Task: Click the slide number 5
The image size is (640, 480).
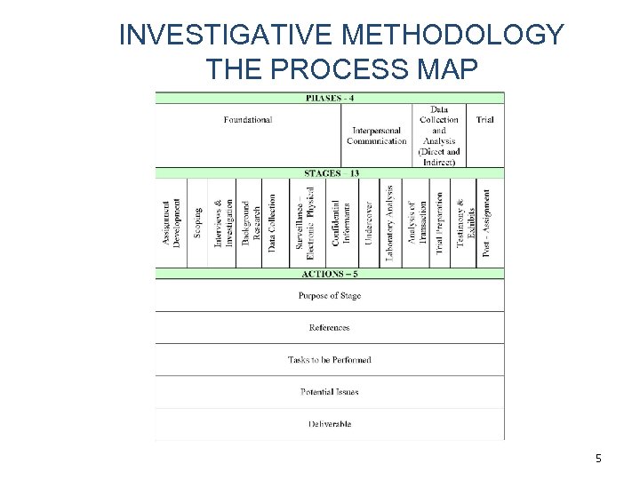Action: [x=598, y=459]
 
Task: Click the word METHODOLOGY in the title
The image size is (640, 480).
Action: [x=452, y=36]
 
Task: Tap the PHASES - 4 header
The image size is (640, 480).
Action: [x=330, y=98]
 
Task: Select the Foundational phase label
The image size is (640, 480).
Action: [x=248, y=119]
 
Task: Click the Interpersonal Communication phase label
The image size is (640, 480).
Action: [x=377, y=135]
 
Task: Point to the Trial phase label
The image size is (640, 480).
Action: [x=484, y=119]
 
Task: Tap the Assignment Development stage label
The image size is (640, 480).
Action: [x=172, y=222]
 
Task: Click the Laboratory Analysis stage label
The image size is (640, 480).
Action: [x=389, y=222]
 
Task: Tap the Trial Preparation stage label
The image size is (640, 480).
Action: [x=439, y=222]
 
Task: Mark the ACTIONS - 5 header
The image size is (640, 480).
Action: [x=330, y=274]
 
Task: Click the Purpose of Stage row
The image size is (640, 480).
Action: [x=330, y=296]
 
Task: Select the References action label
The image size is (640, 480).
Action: [x=330, y=328]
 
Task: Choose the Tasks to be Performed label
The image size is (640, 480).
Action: [x=330, y=360]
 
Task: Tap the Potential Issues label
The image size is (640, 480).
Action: [x=330, y=392]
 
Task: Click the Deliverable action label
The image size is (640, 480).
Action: [x=330, y=424]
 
